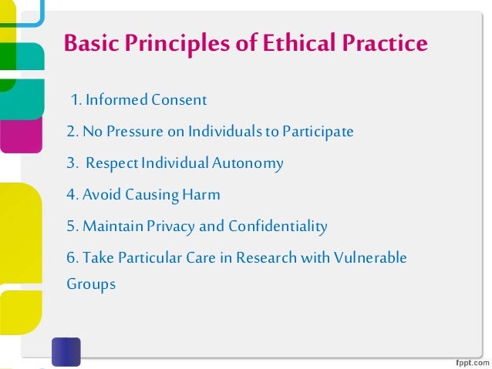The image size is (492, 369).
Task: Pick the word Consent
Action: coord(179,100)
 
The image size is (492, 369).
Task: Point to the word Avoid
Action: coord(100,195)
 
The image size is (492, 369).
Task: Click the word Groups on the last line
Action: coord(91,284)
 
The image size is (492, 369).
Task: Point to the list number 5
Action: coord(70,226)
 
